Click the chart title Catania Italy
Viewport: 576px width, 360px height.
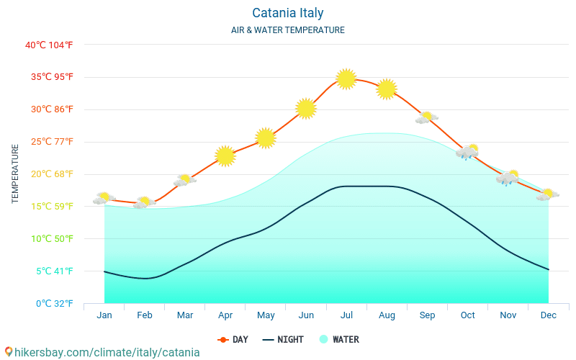(x=288, y=13)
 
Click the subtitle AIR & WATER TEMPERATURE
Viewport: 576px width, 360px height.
(x=288, y=30)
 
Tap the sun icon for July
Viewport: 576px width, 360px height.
(x=346, y=78)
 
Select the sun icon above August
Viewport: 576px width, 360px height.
(x=387, y=89)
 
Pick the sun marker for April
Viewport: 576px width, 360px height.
(x=225, y=156)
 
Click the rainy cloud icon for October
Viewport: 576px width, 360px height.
(x=467, y=152)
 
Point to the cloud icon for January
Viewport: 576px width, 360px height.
(x=104, y=198)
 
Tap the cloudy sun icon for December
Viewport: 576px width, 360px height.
(x=548, y=194)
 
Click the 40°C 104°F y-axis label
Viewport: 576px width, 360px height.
(x=49, y=45)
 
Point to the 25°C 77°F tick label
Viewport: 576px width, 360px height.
(x=49, y=142)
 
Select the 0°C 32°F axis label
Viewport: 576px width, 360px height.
(x=49, y=303)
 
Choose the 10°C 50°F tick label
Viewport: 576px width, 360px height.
(x=49, y=238)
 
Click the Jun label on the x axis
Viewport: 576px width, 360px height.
(x=306, y=315)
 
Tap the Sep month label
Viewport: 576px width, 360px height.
(x=427, y=315)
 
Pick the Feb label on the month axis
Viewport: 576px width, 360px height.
(x=145, y=315)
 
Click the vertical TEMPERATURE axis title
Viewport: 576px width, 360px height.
(x=15, y=174)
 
